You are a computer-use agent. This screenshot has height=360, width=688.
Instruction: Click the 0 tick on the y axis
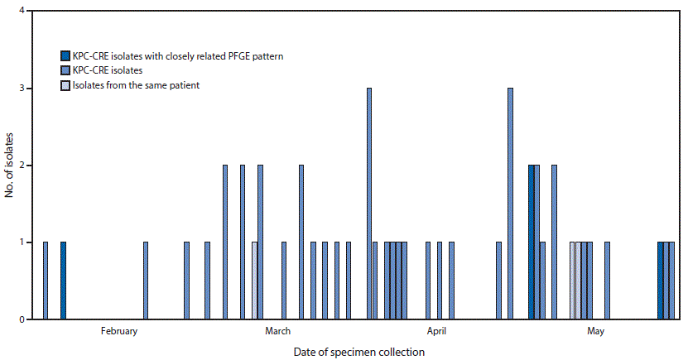[x=22, y=319]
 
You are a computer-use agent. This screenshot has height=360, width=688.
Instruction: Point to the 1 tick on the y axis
[x=22, y=242]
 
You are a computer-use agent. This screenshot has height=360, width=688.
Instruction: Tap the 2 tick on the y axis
[x=22, y=166]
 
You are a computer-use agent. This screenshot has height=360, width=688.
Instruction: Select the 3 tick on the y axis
[x=22, y=89]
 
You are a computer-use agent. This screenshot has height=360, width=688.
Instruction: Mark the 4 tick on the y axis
[x=22, y=12]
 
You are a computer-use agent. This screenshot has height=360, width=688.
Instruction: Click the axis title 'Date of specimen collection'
[x=359, y=352]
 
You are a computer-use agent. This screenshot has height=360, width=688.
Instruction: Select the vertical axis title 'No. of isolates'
[x=7, y=166]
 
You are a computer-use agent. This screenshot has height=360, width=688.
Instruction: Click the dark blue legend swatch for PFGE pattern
[x=65, y=56]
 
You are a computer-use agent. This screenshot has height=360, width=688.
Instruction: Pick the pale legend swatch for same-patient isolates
[x=65, y=85]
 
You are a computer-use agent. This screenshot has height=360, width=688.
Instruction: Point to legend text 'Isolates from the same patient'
[x=136, y=85]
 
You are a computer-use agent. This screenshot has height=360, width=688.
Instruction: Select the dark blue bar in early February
[x=63, y=281]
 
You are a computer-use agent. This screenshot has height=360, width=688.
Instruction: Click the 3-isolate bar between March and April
[x=369, y=204]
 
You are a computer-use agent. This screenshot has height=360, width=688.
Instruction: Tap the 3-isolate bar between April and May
[x=510, y=204]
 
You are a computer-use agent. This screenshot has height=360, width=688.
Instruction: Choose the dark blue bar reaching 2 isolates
[x=531, y=242]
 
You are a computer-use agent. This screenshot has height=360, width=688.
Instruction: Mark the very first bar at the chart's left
[x=46, y=281]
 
